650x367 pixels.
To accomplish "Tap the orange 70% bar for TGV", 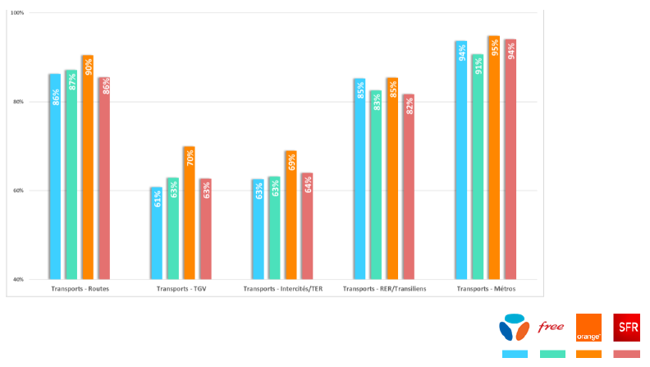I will (189, 213).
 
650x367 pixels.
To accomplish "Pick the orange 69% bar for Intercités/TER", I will (291, 214).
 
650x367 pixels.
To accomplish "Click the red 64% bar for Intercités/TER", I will (307, 226).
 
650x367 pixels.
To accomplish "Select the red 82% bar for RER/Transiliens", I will (409, 186).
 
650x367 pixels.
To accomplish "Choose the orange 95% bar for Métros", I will (493, 158).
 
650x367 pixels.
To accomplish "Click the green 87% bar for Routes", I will (71, 174).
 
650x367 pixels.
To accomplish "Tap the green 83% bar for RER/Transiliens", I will (376, 185).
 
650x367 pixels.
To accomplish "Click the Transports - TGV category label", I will (181, 289).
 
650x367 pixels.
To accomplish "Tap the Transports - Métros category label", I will (485, 289).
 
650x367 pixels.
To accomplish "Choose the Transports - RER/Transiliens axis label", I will (384, 289).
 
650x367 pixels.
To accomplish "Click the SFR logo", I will (628, 328).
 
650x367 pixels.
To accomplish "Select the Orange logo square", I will (588, 327).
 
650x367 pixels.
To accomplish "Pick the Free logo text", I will (551, 328).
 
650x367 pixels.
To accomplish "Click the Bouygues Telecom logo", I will (515, 328).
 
